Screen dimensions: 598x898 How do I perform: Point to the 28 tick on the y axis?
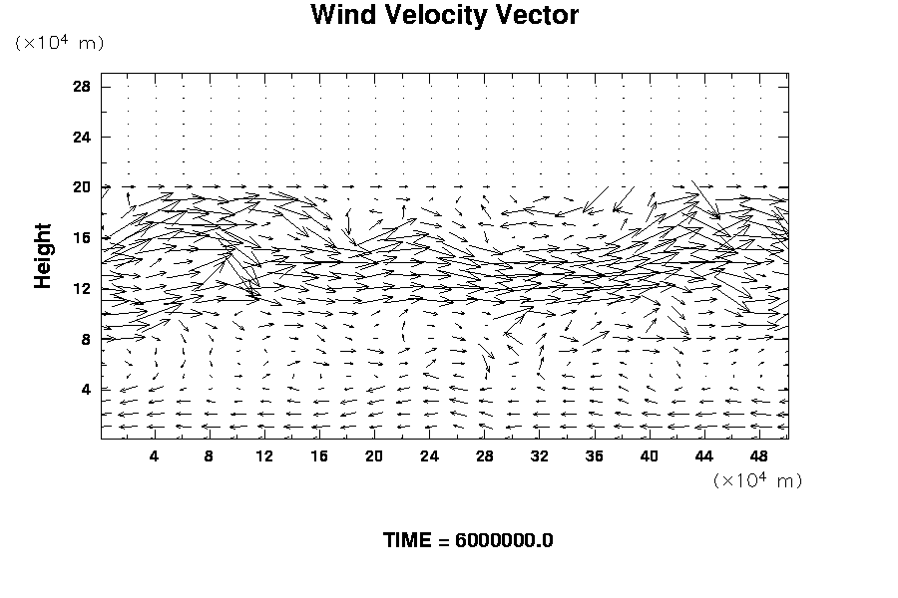[82, 87]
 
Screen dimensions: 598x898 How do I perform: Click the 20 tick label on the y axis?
[82, 187]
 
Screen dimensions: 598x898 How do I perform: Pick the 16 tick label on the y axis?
[82, 238]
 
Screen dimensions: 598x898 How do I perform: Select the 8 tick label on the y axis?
[86, 339]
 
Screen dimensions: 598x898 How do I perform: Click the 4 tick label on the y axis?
[86, 390]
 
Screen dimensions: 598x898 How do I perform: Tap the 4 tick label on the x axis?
[154, 456]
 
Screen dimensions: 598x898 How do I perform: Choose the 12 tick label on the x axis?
[264, 456]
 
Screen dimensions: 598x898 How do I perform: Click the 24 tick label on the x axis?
[430, 456]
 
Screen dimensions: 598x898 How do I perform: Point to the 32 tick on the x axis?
[540, 456]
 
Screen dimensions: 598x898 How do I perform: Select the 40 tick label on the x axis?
[651, 456]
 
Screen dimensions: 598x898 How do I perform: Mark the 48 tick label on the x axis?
[760, 456]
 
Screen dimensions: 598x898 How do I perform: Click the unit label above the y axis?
[59, 43]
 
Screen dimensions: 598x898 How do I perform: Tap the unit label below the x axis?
[758, 480]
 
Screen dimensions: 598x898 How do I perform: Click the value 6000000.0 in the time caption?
[504, 540]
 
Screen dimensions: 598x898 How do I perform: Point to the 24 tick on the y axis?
[82, 137]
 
